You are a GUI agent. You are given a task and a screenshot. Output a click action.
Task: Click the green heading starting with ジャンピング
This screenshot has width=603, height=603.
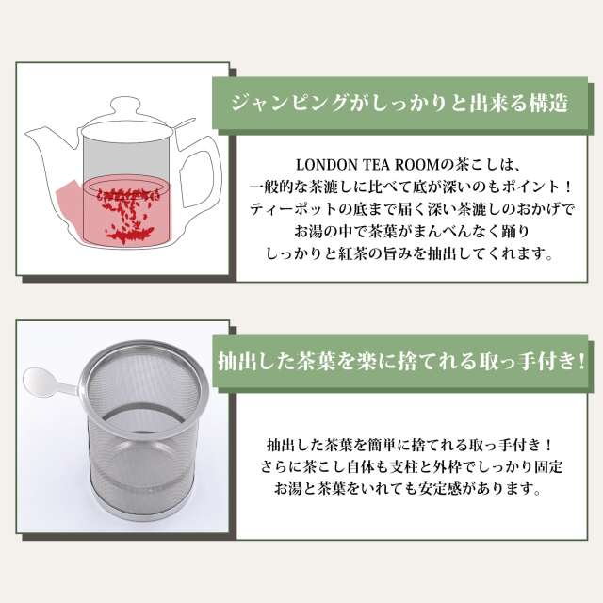tap(399, 104)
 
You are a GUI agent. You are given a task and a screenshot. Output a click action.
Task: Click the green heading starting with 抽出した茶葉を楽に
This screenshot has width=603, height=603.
tap(401, 362)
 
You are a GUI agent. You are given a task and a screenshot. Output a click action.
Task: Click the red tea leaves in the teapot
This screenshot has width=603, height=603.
tap(128, 215)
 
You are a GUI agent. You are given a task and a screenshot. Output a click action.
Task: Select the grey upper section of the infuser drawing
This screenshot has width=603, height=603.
tap(125, 157)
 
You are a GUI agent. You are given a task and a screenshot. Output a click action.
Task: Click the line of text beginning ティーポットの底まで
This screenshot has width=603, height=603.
tap(412, 209)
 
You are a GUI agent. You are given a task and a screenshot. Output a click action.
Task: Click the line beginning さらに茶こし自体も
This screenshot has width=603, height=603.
tap(412, 467)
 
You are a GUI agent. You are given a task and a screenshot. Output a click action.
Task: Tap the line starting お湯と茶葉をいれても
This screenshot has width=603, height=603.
tap(408, 489)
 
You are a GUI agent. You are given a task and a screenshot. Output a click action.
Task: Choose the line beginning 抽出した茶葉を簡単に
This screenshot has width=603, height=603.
tap(410, 445)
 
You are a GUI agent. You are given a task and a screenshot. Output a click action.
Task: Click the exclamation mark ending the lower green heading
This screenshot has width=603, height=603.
tap(581, 362)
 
